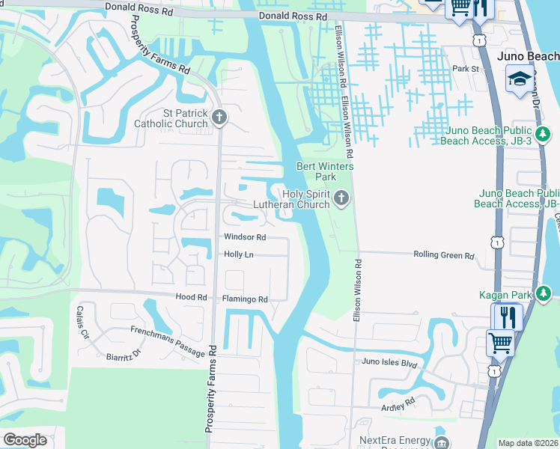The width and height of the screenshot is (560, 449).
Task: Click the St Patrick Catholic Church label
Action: [x=171, y=118]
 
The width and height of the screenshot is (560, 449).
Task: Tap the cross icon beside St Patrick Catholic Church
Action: [x=220, y=117]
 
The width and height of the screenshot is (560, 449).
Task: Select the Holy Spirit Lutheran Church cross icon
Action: [x=341, y=198]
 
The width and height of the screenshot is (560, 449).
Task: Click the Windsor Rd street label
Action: [x=246, y=237]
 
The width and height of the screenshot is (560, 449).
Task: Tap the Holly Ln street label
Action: [x=240, y=255]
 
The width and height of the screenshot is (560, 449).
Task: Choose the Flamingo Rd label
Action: [x=245, y=299]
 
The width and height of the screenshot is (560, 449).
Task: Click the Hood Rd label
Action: [x=191, y=297]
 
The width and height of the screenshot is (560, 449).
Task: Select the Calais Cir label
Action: [x=82, y=322]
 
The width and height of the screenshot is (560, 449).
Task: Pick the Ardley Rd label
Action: [x=398, y=404]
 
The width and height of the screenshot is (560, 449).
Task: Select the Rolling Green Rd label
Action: [x=444, y=255]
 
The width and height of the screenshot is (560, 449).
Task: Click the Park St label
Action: [x=464, y=69]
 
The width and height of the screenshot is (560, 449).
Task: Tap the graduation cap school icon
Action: [x=518, y=79]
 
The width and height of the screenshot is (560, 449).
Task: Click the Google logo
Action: [x=25, y=440]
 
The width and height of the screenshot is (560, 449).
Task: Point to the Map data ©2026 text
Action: [x=528, y=443]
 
